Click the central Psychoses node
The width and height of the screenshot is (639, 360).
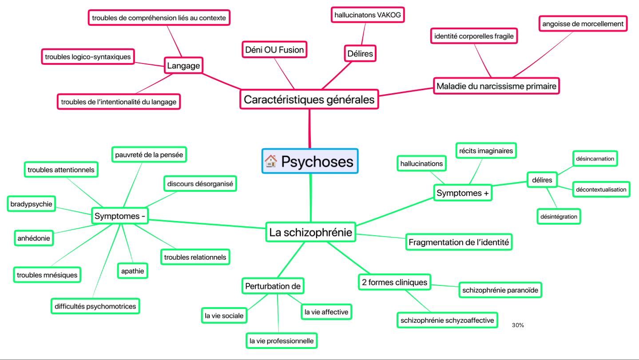(x=310, y=161)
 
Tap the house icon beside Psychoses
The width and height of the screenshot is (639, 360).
(x=270, y=161)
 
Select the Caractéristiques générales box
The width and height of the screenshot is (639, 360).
(x=309, y=99)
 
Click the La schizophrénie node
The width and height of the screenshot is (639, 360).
(x=310, y=232)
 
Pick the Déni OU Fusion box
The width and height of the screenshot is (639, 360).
(x=274, y=50)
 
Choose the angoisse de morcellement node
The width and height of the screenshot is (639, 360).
(x=583, y=24)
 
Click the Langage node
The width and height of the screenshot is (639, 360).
(x=183, y=66)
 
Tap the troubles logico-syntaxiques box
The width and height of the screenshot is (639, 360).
(x=87, y=56)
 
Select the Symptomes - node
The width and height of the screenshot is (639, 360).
(x=120, y=216)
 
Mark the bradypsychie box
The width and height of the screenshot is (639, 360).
(x=31, y=204)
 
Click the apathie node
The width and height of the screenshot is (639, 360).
(x=132, y=271)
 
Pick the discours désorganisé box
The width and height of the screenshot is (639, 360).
(x=200, y=183)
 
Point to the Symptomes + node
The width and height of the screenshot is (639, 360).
(x=462, y=193)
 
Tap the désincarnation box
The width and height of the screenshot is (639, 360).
(x=595, y=158)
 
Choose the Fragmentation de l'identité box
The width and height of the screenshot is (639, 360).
(x=459, y=242)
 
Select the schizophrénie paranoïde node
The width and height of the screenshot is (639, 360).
(x=500, y=291)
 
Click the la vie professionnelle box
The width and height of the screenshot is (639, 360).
(x=282, y=341)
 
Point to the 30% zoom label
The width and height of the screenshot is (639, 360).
(x=518, y=325)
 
